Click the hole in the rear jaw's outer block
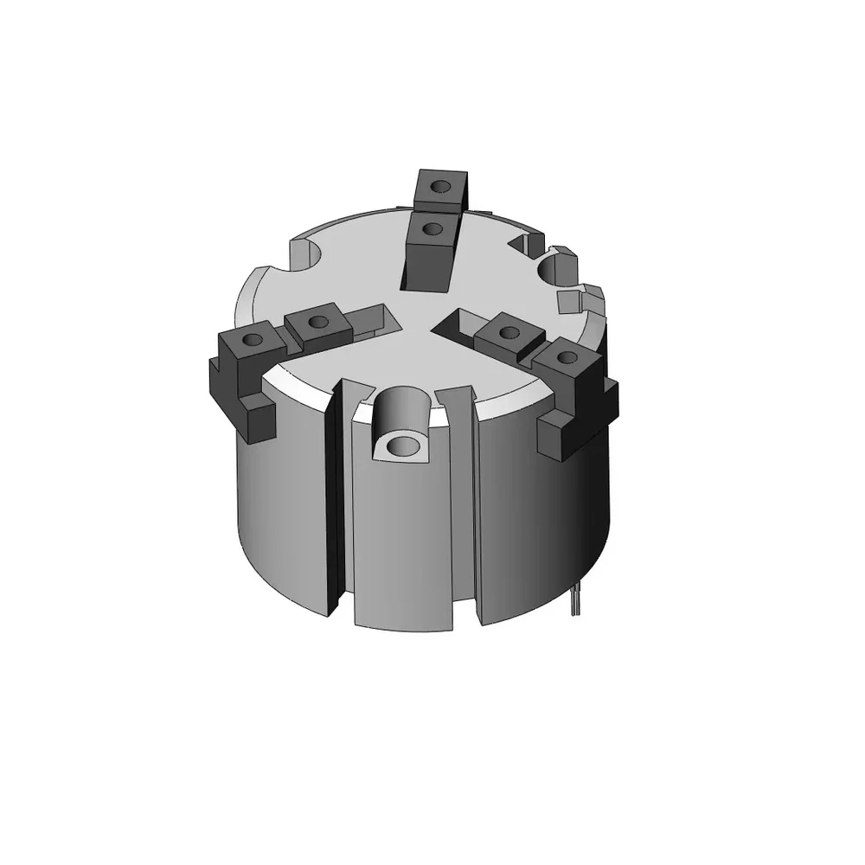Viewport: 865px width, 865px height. [x=440, y=186]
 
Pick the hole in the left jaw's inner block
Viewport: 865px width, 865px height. [x=317, y=322]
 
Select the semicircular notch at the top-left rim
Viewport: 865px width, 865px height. [x=305, y=253]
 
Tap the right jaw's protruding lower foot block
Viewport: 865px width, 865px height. [x=553, y=437]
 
